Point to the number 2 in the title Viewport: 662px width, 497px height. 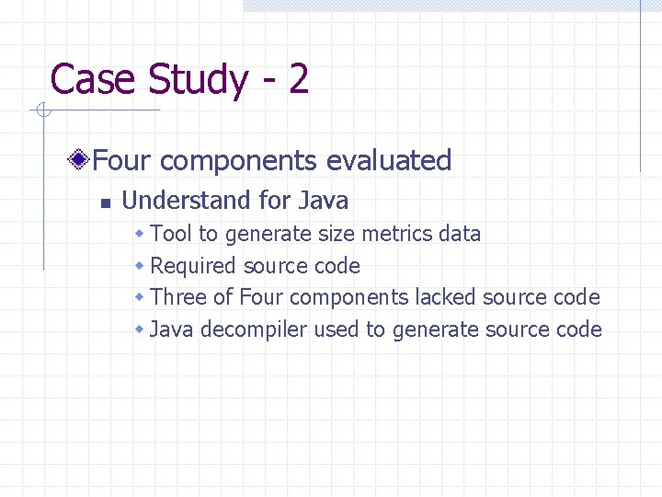pyautogui.click(x=298, y=79)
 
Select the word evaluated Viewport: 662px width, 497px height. pyautogui.click(x=389, y=160)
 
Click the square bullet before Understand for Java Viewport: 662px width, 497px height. pyautogui.click(x=105, y=202)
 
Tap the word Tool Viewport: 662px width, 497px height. pyautogui.click(x=171, y=234)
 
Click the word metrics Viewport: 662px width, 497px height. pyautogui.click(x=397, y=234)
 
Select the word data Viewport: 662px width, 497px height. pyautogui.click(x=460, y=234)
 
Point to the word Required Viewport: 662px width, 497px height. pyautogui.click(x=193, y=266)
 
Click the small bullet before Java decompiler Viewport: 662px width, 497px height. pyautogui.click(x=139, y=329)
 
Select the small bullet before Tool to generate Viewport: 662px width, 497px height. pyautogui.click(x=139, y=234)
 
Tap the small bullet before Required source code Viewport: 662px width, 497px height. pyautogui.click(x=139, y=266)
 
